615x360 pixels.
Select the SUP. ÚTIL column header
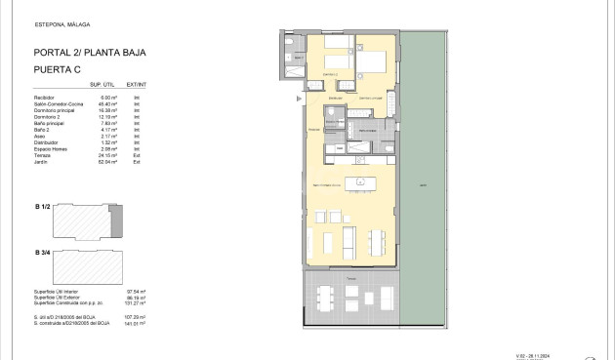coord(116,85)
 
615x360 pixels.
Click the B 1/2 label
coord(42,207)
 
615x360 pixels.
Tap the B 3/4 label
coord(42,253)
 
